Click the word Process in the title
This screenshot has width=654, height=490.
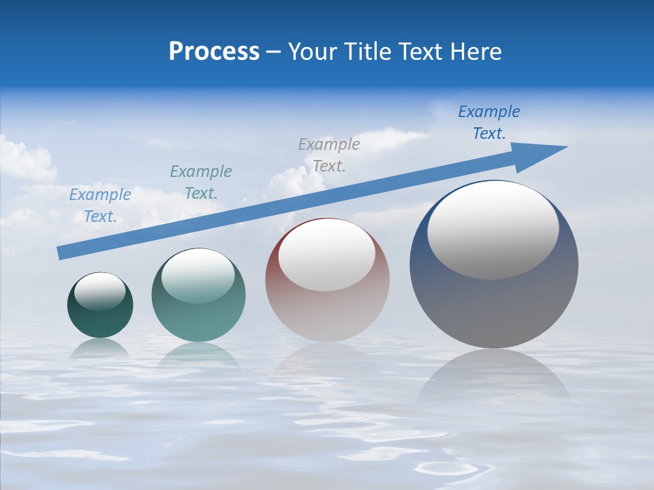coord(214,52)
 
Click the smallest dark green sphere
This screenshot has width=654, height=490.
coord(100,320)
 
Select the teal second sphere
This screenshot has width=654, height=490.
coord(198,320)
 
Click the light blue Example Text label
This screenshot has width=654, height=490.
coord(100,205)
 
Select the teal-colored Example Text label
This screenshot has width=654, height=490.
coord(201,182)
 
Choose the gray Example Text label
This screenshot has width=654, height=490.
coord(329,154)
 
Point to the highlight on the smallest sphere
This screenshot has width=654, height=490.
coord(100,291)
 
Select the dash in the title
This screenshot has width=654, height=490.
coord(274,52)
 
